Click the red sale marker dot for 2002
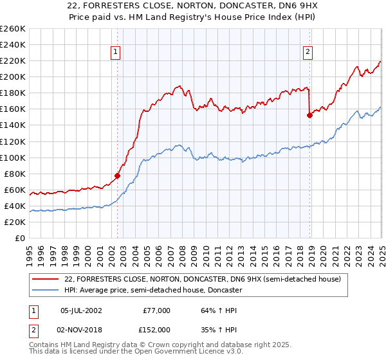118,175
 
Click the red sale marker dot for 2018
309,115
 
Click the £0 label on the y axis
19,239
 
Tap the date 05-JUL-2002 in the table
80,310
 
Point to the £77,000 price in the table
156,310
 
